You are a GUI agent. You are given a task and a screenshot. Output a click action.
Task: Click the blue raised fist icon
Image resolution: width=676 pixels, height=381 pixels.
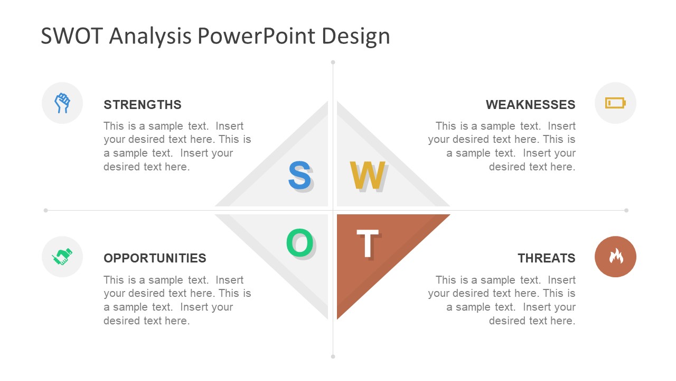[62, 103]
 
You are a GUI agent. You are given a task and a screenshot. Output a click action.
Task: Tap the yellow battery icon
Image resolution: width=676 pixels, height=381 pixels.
[615, 103]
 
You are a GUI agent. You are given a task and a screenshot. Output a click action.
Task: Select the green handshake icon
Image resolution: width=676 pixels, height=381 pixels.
[62, 257]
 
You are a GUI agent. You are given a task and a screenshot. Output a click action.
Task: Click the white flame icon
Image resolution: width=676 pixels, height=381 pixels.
[616, 256]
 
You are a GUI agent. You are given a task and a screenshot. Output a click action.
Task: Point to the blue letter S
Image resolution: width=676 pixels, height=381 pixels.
[299, 175]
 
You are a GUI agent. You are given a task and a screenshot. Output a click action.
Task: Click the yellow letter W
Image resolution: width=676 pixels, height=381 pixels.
[367, 175]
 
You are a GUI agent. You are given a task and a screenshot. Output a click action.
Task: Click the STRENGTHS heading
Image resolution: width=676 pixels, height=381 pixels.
[143, 105]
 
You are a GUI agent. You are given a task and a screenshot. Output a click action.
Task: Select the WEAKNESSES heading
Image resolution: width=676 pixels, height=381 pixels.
[531, 105]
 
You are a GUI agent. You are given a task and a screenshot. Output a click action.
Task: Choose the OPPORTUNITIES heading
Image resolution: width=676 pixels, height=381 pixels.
[155, 258]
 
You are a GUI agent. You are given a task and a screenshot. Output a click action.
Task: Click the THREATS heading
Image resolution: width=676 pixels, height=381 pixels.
[547, 258]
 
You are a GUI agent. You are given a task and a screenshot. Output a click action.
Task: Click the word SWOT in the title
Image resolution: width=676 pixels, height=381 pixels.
[72, 35]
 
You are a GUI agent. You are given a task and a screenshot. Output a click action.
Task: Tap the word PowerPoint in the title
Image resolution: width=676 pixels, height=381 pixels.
[257, 35]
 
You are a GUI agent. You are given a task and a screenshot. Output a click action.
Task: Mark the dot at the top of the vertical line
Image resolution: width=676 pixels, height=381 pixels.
[333, 62]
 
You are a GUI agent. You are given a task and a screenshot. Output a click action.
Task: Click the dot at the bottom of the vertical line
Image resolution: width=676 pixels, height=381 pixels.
[333, 357]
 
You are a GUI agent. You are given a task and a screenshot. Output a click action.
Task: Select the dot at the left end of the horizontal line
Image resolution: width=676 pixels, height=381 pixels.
[45, 210]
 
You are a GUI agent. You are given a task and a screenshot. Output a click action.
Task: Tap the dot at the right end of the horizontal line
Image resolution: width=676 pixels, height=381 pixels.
[626, 210]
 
